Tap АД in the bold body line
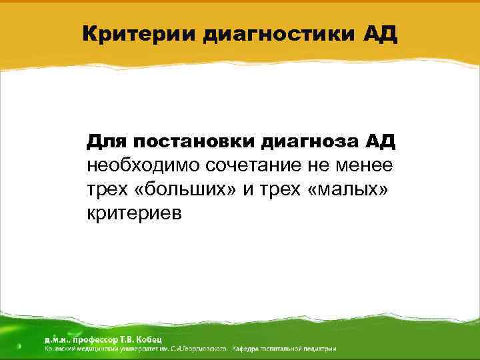coord(381,142)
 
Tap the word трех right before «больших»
coord(107,189)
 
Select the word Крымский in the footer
coord(60,349)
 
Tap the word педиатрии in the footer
coord(320,349)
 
